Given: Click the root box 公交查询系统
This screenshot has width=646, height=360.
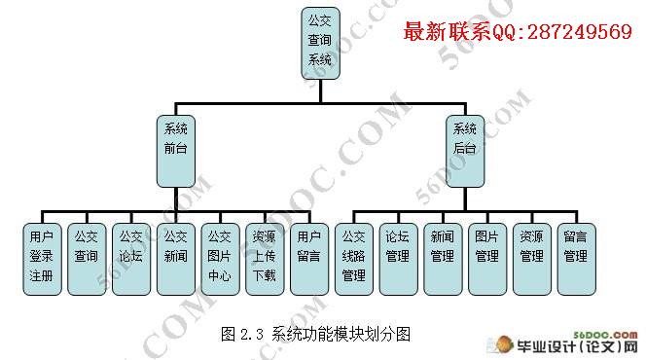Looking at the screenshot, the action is (x=320, y=43).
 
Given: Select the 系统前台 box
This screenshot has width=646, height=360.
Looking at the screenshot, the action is (x=176, y=151).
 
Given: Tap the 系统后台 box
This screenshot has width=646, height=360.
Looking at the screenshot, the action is (x=465, y=151).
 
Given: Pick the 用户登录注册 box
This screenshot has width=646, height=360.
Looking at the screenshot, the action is (x=42, y=259).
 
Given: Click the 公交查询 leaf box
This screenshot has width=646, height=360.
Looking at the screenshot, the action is (x=87, y=259).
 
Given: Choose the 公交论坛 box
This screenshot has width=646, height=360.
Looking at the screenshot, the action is (x=131, y=259).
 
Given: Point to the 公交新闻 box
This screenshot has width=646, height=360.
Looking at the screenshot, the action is (x=176, y=259).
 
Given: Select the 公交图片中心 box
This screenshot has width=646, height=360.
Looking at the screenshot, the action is (x=221, y=259).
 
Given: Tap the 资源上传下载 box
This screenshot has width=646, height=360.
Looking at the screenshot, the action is (x=265, y=259).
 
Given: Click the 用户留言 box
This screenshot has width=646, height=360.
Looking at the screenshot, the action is (x=309, y=259).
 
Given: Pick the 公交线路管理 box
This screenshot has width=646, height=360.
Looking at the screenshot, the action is (x=354, y=259).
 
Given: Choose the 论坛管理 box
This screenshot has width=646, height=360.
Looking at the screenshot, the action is (x=398, y=259).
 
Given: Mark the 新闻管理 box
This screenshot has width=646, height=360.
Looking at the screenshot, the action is (x=443, y=259).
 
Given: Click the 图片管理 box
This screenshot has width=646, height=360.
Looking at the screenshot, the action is (x=487, y=259).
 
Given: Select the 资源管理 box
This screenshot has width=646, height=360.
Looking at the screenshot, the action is (x=532, y=259).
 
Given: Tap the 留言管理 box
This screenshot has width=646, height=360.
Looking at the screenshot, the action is (x=576, y=259).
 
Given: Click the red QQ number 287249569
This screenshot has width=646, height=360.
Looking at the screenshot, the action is (x=580, y=32).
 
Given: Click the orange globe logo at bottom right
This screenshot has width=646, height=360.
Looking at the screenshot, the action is (x=504, y=344).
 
